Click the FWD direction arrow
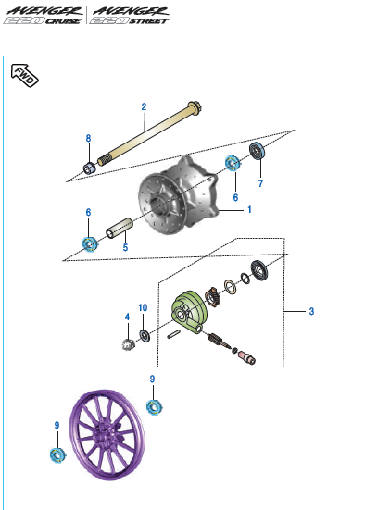[x=24, y=75]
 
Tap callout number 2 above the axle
[x=144, y=106]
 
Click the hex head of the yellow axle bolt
[x=195, y=108]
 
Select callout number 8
[x=88, y=138]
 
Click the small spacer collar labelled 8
[x=90, y=168]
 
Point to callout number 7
[x=260, y=183]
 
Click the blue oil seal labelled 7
[x=258, y=151]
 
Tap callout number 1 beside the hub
[x=249, y=209]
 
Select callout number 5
[x=125, y=247]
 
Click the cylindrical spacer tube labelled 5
[x=120, y=228]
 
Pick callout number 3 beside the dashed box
[x=311, y=311]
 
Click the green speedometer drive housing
[x=189, y=312]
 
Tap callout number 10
[x=143, y=307]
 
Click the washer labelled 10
[x=145, y=336]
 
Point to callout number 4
[x=127, y=317]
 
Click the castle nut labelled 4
[x=128, y=344]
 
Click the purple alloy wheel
[x=107, y=435]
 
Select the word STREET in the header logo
[x=149, y=21]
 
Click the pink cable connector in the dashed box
[x=246, y=357]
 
